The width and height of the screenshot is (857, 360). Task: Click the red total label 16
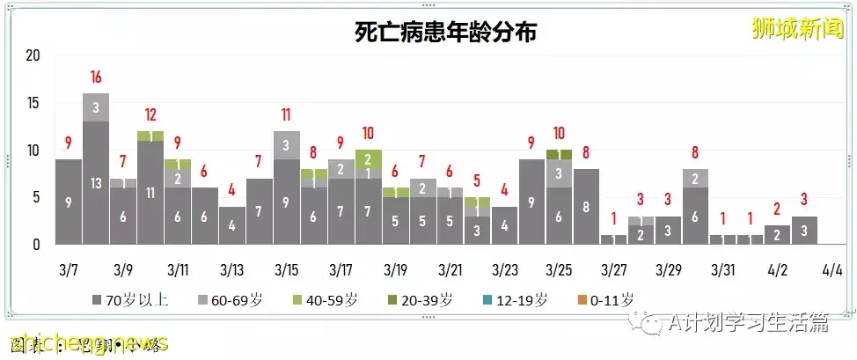96,77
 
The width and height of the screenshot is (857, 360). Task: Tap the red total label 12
150,114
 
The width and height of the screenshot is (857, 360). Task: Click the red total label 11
286,114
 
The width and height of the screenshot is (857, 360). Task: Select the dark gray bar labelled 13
96,182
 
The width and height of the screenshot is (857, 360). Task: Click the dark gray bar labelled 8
586,208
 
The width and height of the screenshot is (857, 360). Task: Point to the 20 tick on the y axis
33,55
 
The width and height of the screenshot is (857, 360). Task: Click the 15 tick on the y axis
33,103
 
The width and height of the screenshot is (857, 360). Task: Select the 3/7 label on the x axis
69,268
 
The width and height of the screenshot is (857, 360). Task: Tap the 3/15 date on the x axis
286,268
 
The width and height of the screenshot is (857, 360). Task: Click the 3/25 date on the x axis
559,268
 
